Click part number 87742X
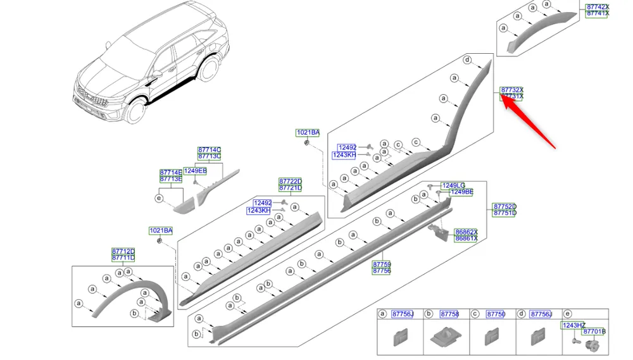597,6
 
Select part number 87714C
209,150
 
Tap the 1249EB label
195,171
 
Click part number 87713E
170,179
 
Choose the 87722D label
291,181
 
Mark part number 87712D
123,251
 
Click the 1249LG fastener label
453,185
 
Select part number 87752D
505,206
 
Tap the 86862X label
467,232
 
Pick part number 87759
381,264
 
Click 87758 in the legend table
449,314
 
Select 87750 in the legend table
496,314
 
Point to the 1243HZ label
573,325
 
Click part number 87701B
594,332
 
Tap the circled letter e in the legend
567,314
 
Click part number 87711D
123,258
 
